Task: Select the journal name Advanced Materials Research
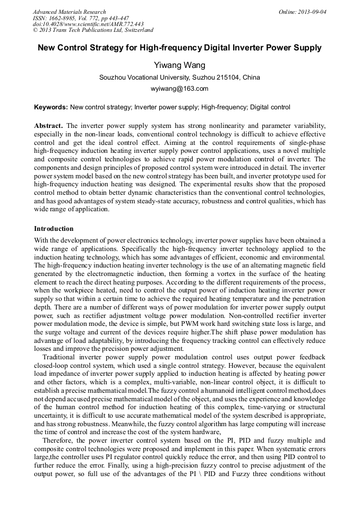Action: tap(70, 12)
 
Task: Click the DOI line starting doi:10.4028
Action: tap(88, 24)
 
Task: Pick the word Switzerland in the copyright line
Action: tap(134, 30)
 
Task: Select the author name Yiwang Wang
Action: tap(179, 65)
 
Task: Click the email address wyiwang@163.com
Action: tap(179, 89)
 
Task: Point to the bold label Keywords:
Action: tap(51, 107)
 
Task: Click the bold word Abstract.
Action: tap(48, 125)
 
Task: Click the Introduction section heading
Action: tap(54, 229)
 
